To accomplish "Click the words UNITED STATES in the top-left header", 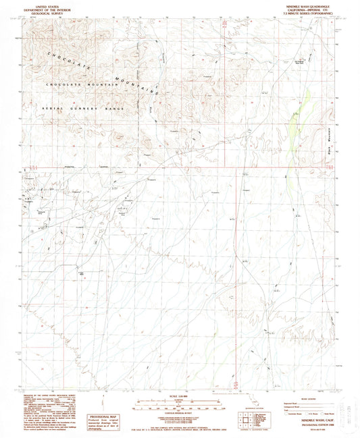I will [45, 5].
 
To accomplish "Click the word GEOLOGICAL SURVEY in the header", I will [45, 13].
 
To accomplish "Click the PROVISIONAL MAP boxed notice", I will [107, 404].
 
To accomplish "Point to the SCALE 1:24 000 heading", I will [179, 395].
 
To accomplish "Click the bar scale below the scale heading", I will [179, 406].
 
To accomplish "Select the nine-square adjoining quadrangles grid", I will [245, 419].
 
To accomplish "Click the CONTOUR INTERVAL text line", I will [179, 391].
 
